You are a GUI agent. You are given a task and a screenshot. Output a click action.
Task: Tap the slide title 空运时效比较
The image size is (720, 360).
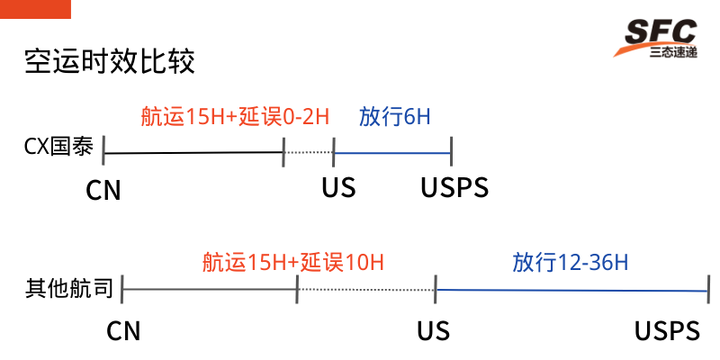[110, 62]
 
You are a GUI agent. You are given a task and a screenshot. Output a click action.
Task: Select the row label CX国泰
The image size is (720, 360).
[58, 148]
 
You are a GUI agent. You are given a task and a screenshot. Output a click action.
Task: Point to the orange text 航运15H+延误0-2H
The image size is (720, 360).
[235, 117]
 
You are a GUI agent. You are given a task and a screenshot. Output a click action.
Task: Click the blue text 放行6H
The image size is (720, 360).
[395, 117]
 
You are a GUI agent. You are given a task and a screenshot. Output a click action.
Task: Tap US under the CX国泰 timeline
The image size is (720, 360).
[338, 188]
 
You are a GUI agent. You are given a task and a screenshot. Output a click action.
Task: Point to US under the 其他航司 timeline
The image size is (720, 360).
[433, 331]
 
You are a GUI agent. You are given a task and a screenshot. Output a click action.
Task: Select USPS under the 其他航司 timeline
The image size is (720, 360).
[667, 331]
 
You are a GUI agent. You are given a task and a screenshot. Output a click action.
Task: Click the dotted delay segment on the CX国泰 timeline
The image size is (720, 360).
[309, 152]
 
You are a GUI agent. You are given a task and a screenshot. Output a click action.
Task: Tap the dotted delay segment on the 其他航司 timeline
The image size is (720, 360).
[365, 289]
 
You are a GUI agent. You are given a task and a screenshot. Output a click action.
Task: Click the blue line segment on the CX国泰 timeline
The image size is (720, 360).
[392, 152]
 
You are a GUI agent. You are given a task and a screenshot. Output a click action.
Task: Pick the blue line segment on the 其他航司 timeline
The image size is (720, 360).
[571, 290]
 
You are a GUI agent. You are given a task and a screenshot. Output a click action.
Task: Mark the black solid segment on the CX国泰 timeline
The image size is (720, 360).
[193, 153]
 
